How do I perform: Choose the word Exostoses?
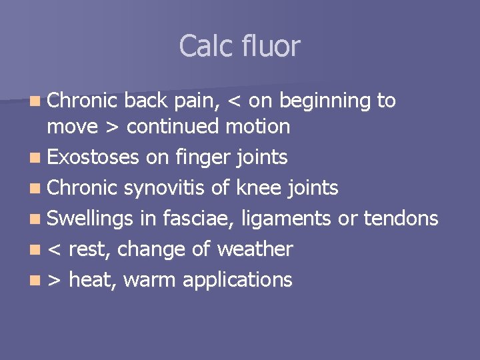click(x=93, y=157)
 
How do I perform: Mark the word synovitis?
click(x=165, y=189)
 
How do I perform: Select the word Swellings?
click(x=91, y=219)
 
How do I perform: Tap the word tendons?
click(x=402, y=219)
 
